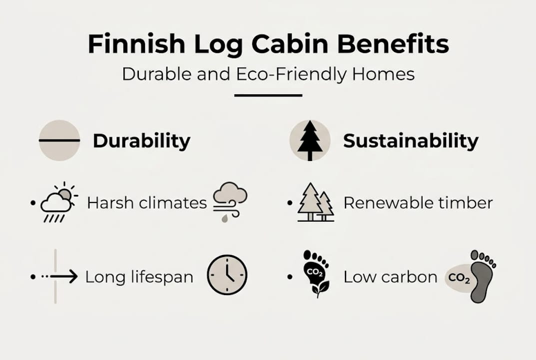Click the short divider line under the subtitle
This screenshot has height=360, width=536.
[268, 95]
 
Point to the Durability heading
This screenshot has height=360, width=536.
[141, 141]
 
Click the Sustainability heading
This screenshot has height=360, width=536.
[411, 141]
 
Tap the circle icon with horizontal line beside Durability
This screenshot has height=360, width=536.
[59, 140]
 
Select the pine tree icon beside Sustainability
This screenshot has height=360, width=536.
[310, 140]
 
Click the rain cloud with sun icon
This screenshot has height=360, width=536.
[59, 202]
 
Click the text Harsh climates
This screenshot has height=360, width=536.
[146, 203]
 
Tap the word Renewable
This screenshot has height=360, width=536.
[382, 203]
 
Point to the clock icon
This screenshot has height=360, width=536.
[227, 275]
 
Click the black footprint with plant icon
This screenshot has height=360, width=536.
[316, 274]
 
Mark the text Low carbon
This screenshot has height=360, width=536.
[390, 277]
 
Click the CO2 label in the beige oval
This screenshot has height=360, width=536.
[459, 276]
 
